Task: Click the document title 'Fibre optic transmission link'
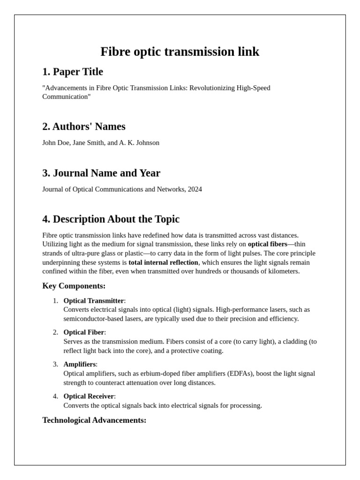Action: pyautogui.click(x=180, y=52)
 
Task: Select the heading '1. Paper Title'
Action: pyautogui.click(x=73, y=72)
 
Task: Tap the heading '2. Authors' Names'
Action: pyautogui.click(x=84, y=127)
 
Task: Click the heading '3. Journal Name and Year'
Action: pyautogui.click(x=101, y=173)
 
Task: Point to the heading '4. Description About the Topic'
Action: pyautogui.click(x=111, y=219)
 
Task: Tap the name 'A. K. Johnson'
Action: pyautogui.click(x=139, y=142)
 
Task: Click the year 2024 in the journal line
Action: pyautogui.click(x=194, y=189)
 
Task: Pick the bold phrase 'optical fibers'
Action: pyautogui.click(x=267, y=244)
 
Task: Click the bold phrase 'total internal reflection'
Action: pyautogui.click(x=164, y=262)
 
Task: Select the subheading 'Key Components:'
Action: pyautogui.click(x=74, y=286)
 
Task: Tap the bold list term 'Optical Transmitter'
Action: pyautogui.click(x=94, y=300)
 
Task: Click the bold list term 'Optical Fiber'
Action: pyautogui.click(x=84, y=332)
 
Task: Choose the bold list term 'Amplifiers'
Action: pyautogui.click(x=80, y=364)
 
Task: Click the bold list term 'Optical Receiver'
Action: pyautogui.click(x=89, y=396)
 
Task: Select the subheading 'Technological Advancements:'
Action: pyautogui.click(x=94, y=420)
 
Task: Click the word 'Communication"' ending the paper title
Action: pyautogui.click(x=67, y=97)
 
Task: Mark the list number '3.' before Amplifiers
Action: pyautogui.click(x=55, y=364)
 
